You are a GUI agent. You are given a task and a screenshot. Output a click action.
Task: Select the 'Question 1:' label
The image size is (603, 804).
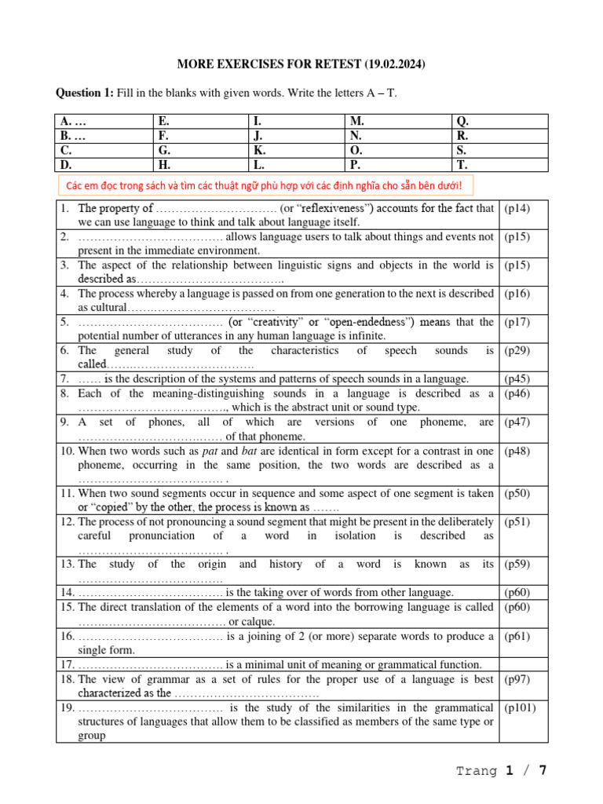coord(84,93)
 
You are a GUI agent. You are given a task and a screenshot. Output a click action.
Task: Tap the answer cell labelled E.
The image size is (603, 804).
coord(199,122)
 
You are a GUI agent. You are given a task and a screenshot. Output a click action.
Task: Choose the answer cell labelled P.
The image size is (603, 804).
coord(397,165)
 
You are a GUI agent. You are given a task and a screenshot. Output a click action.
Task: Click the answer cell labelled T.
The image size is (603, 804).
coord(499,165)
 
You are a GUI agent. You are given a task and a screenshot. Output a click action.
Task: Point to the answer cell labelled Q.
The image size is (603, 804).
coord(499,122)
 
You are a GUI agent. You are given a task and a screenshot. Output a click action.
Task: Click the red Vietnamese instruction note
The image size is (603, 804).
coord(265,186)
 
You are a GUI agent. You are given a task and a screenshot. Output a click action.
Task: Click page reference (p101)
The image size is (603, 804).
coord(520,707)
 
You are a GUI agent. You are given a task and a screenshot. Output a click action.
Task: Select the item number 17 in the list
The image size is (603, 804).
coord(68,664)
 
